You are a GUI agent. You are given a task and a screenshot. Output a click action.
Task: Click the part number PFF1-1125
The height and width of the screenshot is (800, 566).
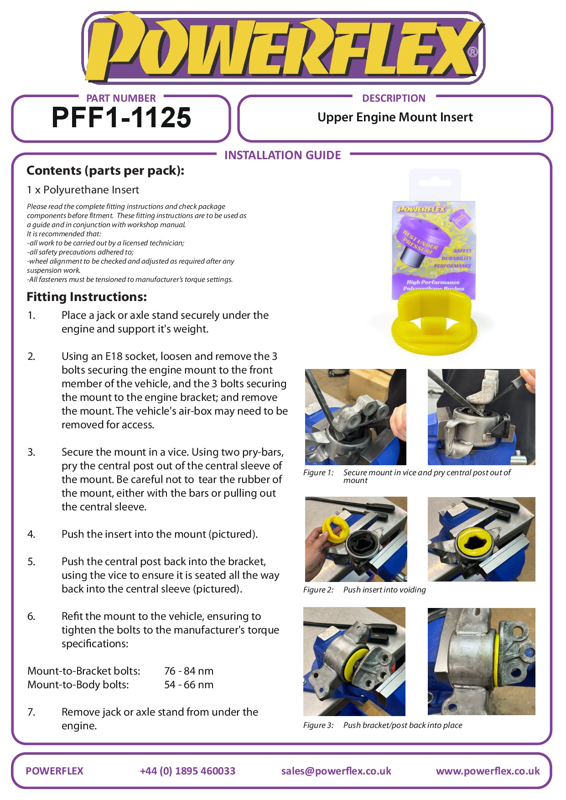(121, 118)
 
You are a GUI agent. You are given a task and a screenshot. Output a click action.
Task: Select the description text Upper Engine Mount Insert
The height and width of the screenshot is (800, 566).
(395, 118)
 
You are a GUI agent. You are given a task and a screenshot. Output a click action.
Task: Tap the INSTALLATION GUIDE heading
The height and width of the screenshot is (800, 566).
(282, 156)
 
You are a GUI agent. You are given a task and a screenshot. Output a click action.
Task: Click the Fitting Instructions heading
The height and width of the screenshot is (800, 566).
(87, 297)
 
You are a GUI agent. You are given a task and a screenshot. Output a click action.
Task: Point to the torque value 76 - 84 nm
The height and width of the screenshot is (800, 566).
(189, 671)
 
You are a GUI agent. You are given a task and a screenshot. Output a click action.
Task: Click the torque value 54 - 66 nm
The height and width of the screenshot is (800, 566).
(189, 685)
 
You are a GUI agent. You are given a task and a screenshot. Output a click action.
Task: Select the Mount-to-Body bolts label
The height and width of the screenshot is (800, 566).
(78, 685)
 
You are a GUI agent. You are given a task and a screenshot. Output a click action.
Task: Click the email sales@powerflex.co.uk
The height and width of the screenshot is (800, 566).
(336, 771)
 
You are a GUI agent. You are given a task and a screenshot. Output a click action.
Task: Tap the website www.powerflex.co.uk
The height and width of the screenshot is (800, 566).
(488, 771)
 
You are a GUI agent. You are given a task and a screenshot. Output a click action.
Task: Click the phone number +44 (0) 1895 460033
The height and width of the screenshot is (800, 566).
(187, 771)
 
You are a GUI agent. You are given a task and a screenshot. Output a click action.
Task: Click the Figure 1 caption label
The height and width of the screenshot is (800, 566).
(318, 473)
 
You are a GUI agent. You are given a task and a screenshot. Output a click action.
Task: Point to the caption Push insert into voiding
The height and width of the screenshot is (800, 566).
(384, 590)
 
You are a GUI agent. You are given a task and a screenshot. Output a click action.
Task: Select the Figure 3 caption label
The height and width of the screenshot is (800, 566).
(318, 725)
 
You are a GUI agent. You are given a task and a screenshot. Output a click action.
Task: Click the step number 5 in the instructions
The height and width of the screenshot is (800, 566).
(31, 561)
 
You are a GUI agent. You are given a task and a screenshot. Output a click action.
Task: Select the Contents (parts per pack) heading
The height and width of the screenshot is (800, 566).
(105, 171)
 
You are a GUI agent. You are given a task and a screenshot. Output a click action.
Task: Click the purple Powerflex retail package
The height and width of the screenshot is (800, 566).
(434, 246)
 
